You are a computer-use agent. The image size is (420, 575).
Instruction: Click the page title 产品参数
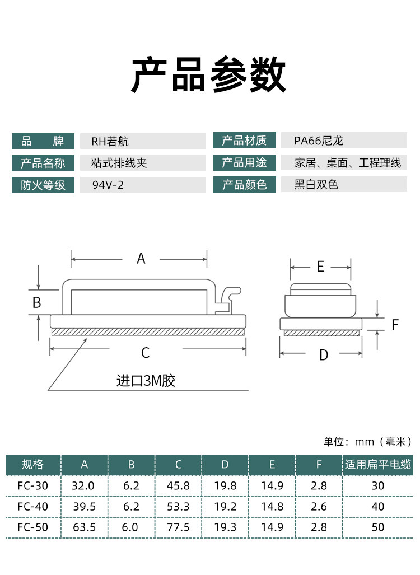pyautogui.click(x=209, y=75)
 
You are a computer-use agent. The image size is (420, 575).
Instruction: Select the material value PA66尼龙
pyautogui.click(x=319, y=141)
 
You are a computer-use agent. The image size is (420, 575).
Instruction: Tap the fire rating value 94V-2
pyautogui.click(x=108, y=185)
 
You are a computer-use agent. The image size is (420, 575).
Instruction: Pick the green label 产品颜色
pyautogui.click(x=245, y=185)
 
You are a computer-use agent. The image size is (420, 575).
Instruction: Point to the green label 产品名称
pyautogui.click(x=43, y=163)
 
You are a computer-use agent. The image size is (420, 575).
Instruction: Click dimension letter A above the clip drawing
pyautogui.click(x=141, y=259)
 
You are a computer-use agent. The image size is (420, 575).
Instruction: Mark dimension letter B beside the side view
pyautogui.click(x=37, y=302)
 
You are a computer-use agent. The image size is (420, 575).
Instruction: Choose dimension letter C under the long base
pyautogui.click(x=145, y=353)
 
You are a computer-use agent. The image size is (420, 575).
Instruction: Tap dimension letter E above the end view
pyautogui.click(x=320, y=267)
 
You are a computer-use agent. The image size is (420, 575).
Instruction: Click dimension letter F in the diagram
pyautogui.click(x=395, y=325)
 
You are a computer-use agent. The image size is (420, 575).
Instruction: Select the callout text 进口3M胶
pyautogui.click(x=146, y=381)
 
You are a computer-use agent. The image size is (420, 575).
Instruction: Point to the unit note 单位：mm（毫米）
pyautogui.click(x=367, y=442)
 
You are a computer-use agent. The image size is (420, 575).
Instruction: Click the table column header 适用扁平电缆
pyautogui.click(x=378, y=464)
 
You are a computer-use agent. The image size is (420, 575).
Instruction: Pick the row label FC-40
pyautogui.click(x=32, y=506)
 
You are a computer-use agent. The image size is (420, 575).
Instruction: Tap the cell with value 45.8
pyautogui.click(x=178, y=485)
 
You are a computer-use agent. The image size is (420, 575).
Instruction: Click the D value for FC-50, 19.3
pyautogui.click(x=225, y=527)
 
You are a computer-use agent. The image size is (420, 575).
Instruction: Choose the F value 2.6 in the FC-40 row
pyautogui.click(x=319, y=506)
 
